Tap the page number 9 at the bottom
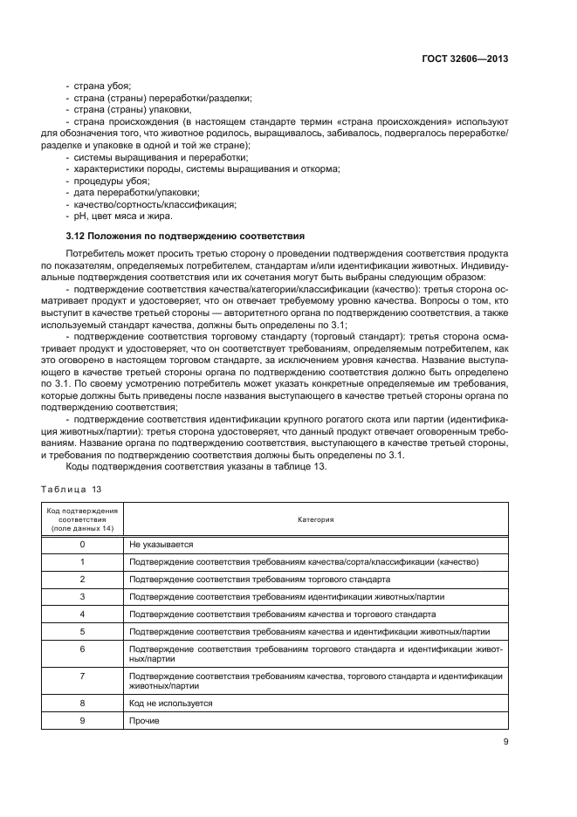[x=505, y=743]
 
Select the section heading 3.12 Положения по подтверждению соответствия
[x=185, y=236]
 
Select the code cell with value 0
[x=82, y=544]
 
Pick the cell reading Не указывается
[x=161, y=544]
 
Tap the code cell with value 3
[x=82, y=596]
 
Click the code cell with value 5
[x=82, y=631]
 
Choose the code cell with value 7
[x=82, y=681]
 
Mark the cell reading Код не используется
[x=170, y=703]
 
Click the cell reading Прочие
[x=144, y=720]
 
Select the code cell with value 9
[x=82, y=720]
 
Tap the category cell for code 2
[x=258, y=579]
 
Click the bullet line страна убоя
[x=100, y=86]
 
